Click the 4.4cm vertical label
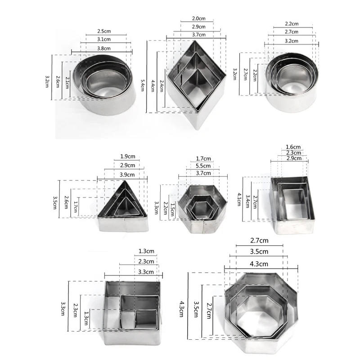153,83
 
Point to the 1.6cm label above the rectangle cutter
293,147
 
